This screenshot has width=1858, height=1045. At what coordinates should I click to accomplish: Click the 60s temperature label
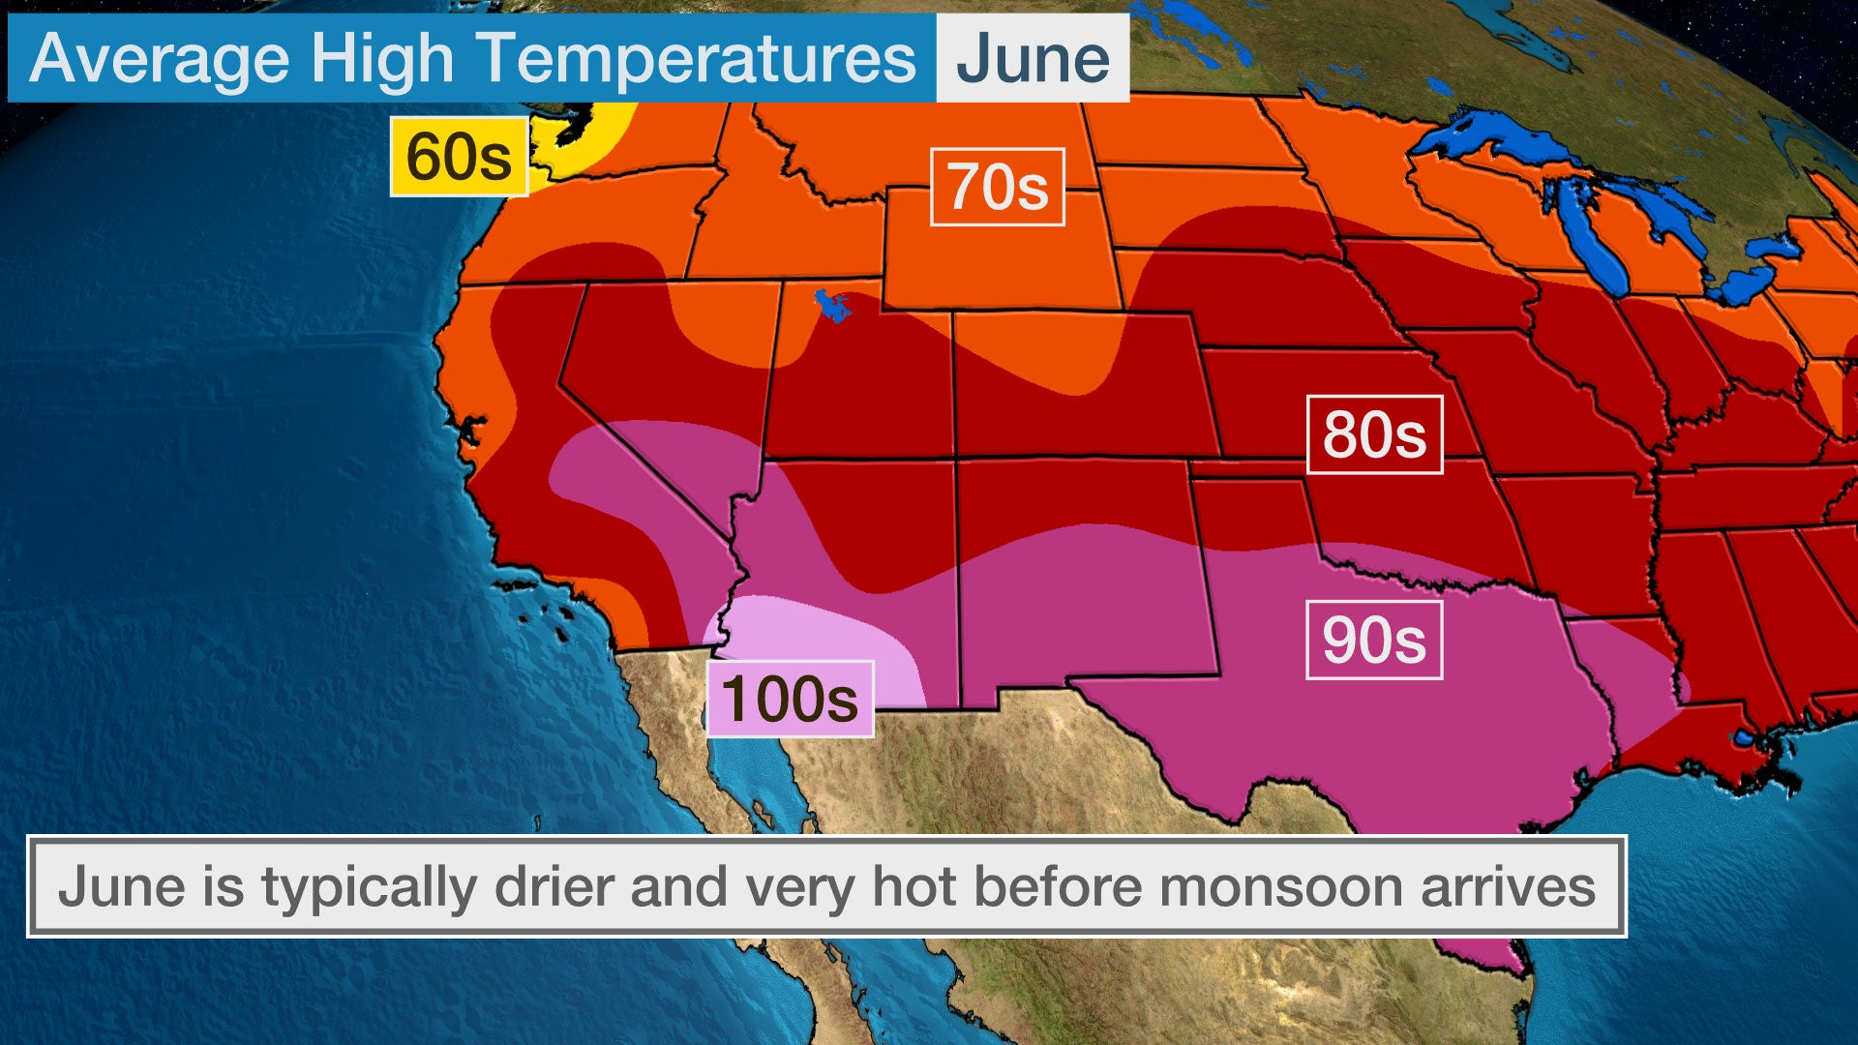(459, 157)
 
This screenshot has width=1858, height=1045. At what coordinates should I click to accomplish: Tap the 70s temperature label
(997, 187)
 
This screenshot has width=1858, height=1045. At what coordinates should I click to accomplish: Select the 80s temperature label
(1374, 434)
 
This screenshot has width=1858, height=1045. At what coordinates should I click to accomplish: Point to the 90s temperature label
(1374, 640)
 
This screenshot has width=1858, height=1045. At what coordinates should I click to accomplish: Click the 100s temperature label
(791, 699)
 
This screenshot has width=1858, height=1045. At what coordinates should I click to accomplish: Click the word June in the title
(1033, 58)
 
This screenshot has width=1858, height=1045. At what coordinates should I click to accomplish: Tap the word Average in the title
(160, 58)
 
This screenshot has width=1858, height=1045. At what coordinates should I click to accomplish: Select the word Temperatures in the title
(697, 58)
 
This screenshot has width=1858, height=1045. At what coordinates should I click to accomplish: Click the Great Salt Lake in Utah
(831, 306)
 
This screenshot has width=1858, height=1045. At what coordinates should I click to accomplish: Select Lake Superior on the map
(1490, 135)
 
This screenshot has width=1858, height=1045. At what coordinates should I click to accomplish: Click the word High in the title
(382, 58)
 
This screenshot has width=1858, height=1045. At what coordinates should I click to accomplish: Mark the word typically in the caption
(368, 886)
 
